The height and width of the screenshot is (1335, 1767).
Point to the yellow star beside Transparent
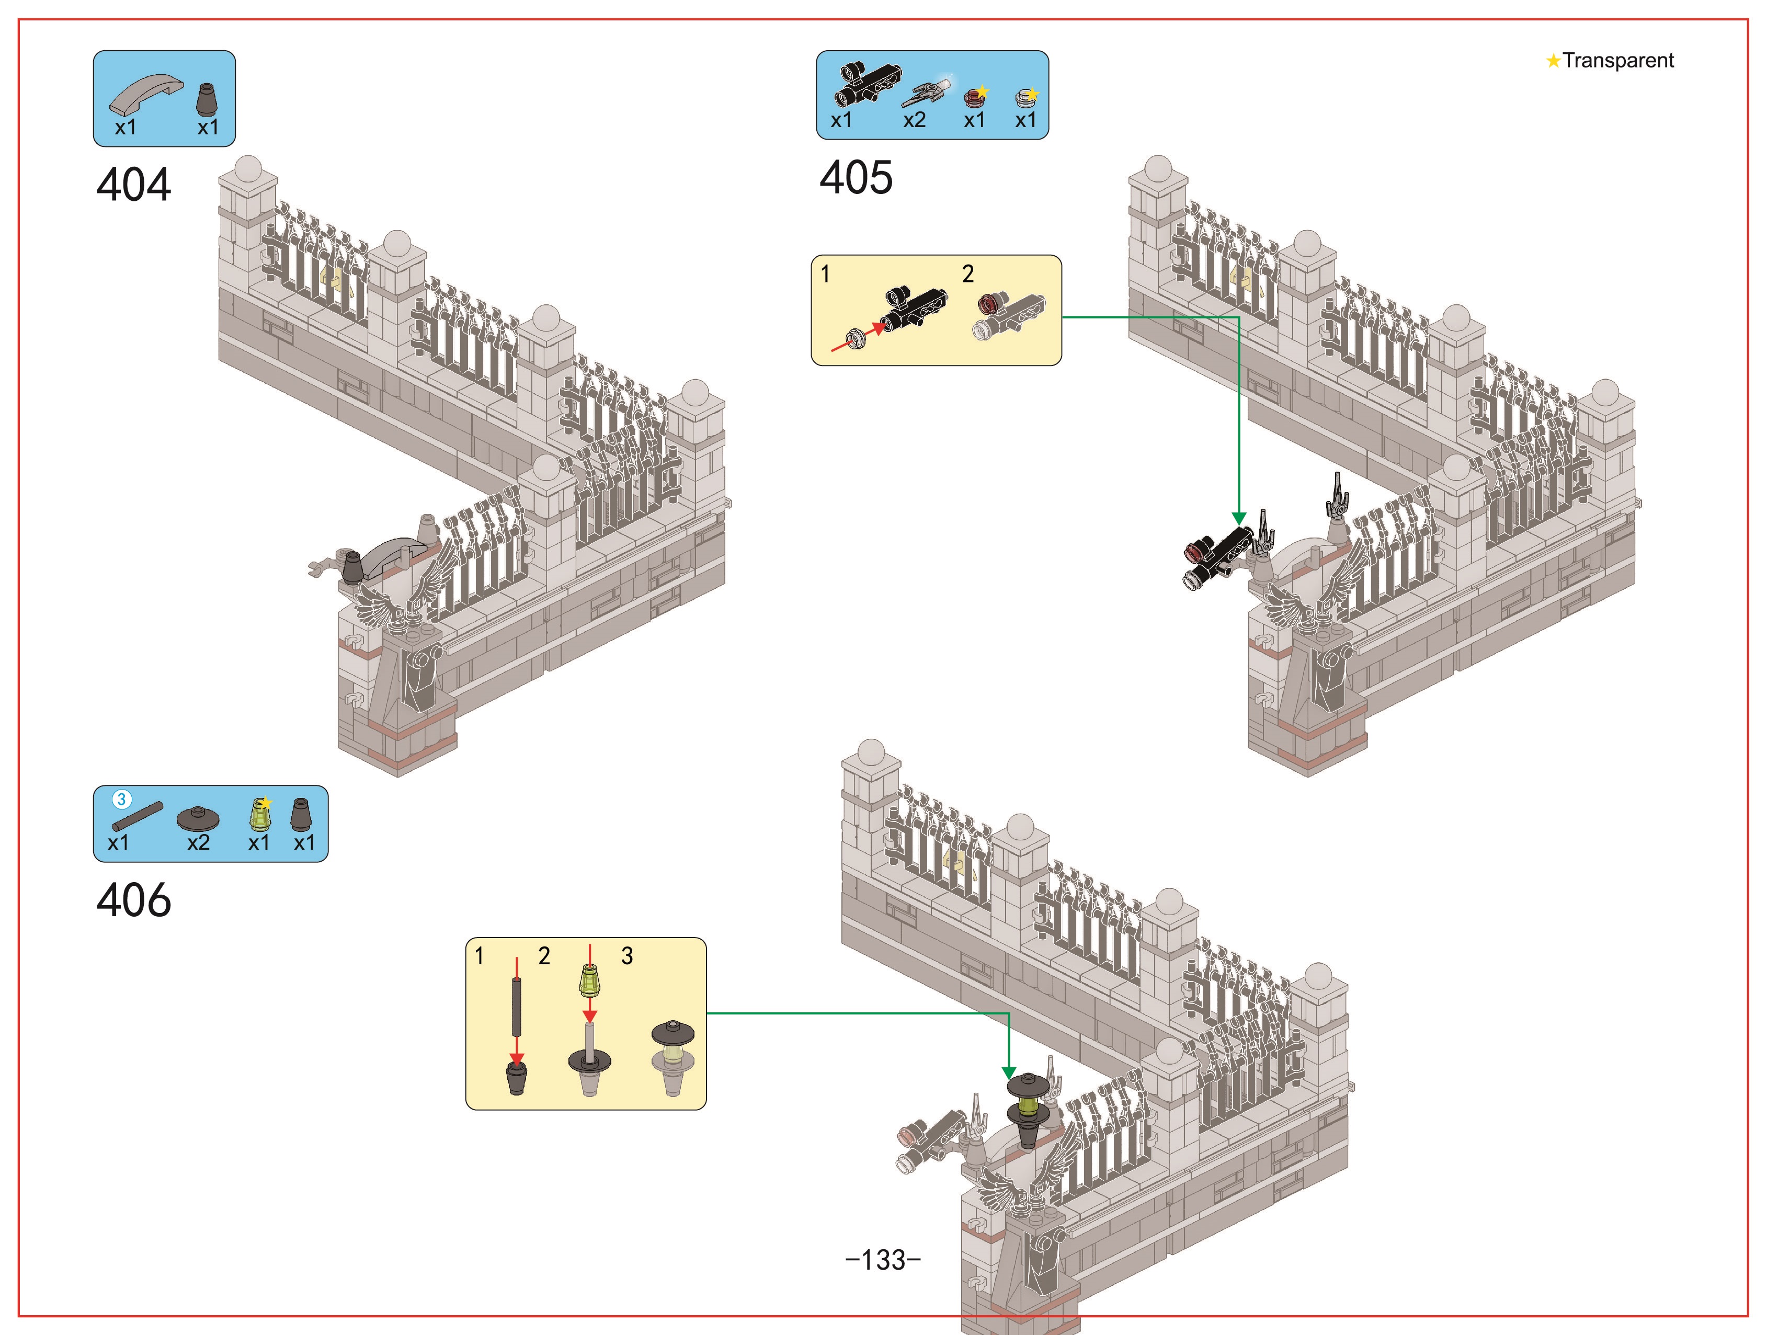click(1553, 61)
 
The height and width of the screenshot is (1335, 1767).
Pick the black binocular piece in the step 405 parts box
click(868, 83)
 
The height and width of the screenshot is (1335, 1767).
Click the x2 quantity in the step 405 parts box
click(914, 120)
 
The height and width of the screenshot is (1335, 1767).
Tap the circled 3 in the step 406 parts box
click(121, 799)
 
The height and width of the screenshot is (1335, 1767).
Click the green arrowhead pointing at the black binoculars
click(1239, 519)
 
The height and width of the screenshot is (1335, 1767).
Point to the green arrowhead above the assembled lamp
click(1009, 1073)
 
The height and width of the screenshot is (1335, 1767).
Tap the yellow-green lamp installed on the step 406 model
click(1029, 1109)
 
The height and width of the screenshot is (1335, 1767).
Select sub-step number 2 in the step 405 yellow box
click(968, 274)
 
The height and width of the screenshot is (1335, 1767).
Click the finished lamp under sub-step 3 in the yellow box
click(672, 1056)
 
